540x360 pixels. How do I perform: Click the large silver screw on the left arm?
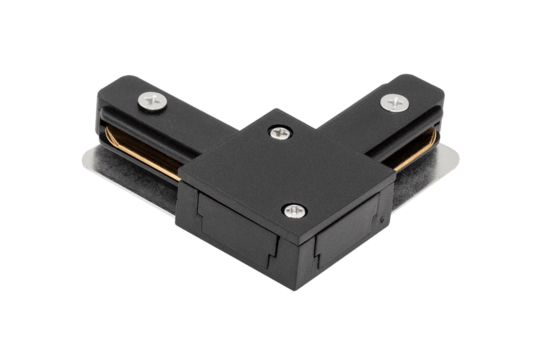click(152, 101)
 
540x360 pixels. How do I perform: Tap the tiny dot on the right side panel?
click(381, 219)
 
